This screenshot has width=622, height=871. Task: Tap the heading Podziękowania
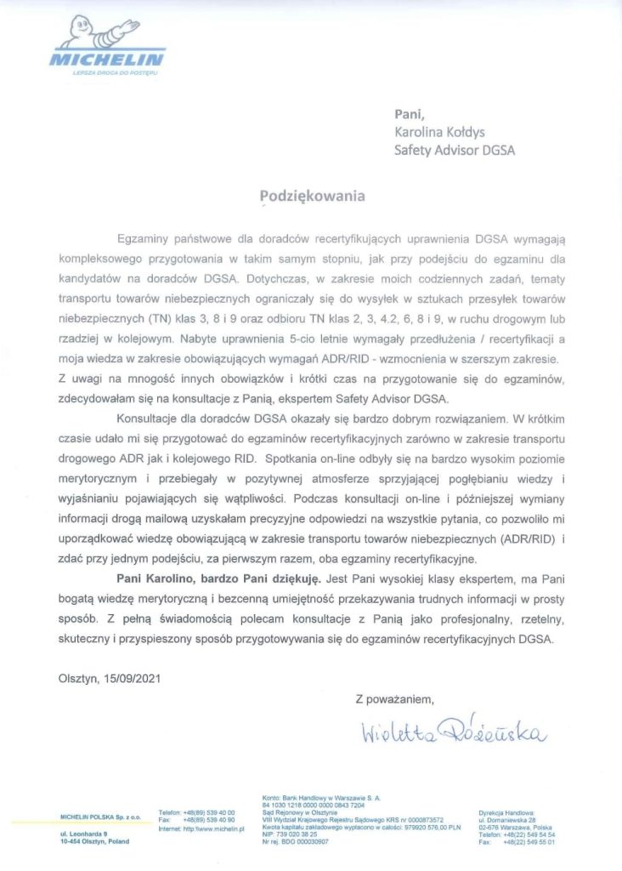(x=312, y=196)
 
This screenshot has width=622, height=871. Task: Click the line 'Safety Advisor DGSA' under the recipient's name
(x=454, y=151)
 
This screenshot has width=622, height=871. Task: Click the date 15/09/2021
(x=130, y=679)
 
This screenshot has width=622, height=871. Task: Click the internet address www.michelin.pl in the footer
(x=222, y=828)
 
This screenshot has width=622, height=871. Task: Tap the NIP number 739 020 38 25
(x=297, y=834)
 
